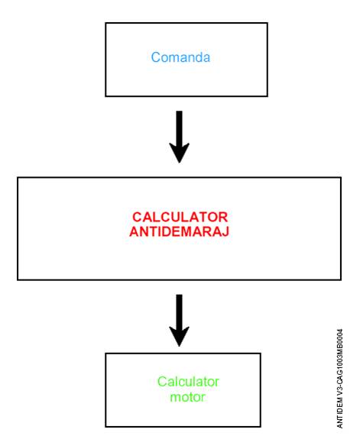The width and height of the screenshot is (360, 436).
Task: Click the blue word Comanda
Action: (180, 57)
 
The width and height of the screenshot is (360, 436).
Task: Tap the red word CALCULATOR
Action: (180, 217)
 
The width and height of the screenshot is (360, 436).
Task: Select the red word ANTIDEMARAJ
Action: (179, 231)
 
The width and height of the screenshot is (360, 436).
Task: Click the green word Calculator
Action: (188, 382)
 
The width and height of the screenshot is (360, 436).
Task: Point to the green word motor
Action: (188, 397)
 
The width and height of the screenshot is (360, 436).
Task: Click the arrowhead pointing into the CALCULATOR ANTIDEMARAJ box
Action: (180, 153)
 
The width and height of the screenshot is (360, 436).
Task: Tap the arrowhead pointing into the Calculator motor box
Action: (180, 337)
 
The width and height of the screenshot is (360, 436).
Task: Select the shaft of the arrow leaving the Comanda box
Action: (180, 128)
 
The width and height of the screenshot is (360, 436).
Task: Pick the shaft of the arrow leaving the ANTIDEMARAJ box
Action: (180, 311)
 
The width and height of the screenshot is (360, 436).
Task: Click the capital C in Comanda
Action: (155, 57)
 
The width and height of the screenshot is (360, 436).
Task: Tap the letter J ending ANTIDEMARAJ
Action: (225, 231)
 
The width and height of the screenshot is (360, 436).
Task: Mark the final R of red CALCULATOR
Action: (223, 217)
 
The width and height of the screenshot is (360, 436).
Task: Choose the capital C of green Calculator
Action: (162, 382)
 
